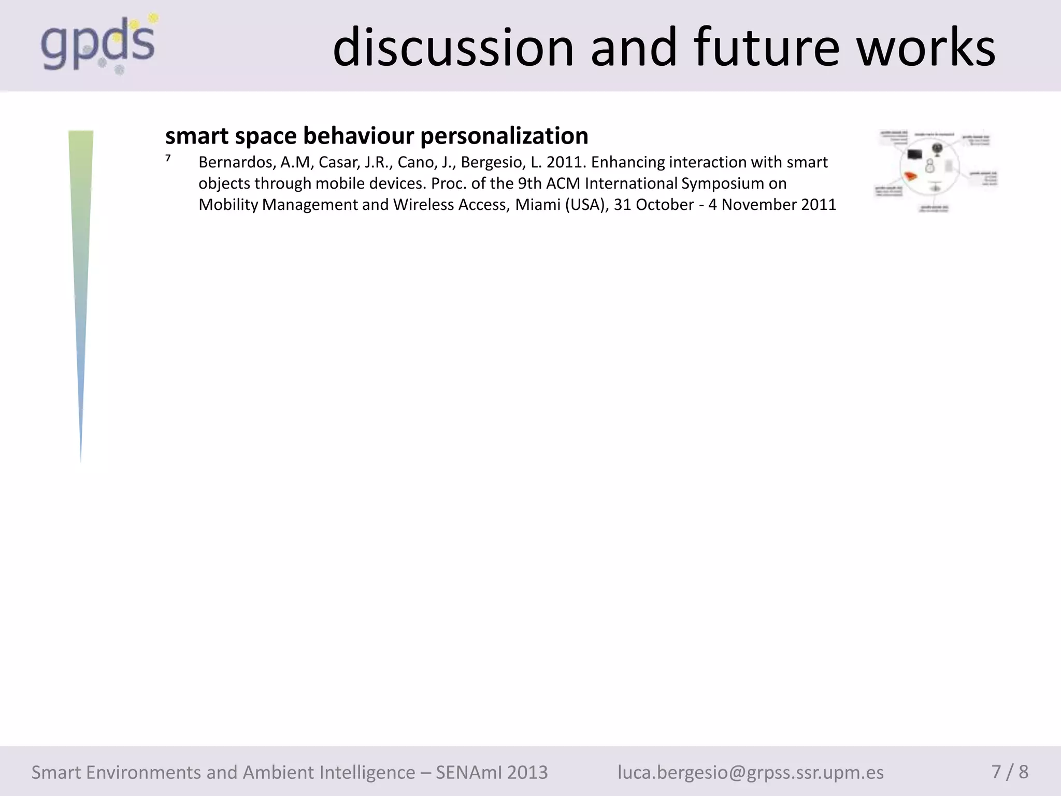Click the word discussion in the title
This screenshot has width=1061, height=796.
tap(453, 48)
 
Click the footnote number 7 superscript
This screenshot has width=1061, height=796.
tap(168, 159)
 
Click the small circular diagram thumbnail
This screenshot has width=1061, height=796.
tap(935, 171)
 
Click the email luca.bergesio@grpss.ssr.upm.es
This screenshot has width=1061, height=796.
tap(750, 773)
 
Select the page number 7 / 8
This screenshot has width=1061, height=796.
tap(1010, 772)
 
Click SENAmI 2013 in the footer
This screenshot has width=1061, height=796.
tap(491, 773)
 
